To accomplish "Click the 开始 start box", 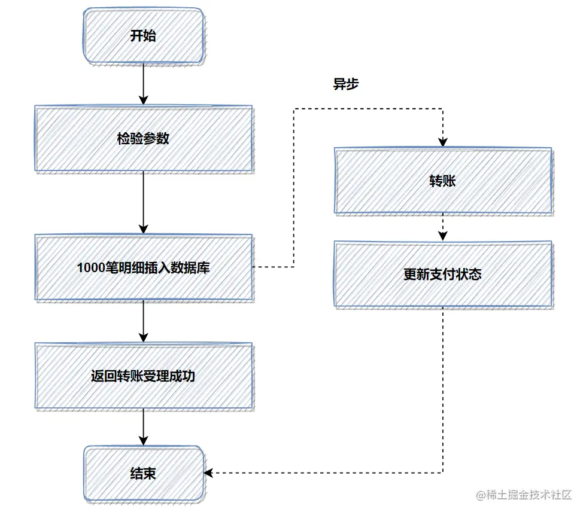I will [143, 36].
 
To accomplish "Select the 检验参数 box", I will [143, 139].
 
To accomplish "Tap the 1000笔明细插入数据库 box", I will [143, 268].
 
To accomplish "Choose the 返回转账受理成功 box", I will [143, 376].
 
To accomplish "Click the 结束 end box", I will [143, 473].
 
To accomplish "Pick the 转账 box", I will [442, 181].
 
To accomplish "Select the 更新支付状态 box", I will [442, 275].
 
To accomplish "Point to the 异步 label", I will [345, 84].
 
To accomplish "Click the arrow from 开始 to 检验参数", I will [143, 84].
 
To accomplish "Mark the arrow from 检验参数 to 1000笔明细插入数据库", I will [143, 203].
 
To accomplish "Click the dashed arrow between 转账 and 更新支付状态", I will [442, 228].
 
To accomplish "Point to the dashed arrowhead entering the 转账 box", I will [442, 142].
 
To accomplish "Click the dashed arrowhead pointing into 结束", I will [208, 473].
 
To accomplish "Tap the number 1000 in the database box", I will [90, 268].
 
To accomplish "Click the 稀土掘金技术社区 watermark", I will [529, 495].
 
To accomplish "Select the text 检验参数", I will [143, 139].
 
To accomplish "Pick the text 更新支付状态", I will [442, 275].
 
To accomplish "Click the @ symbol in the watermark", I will [481, 495].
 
